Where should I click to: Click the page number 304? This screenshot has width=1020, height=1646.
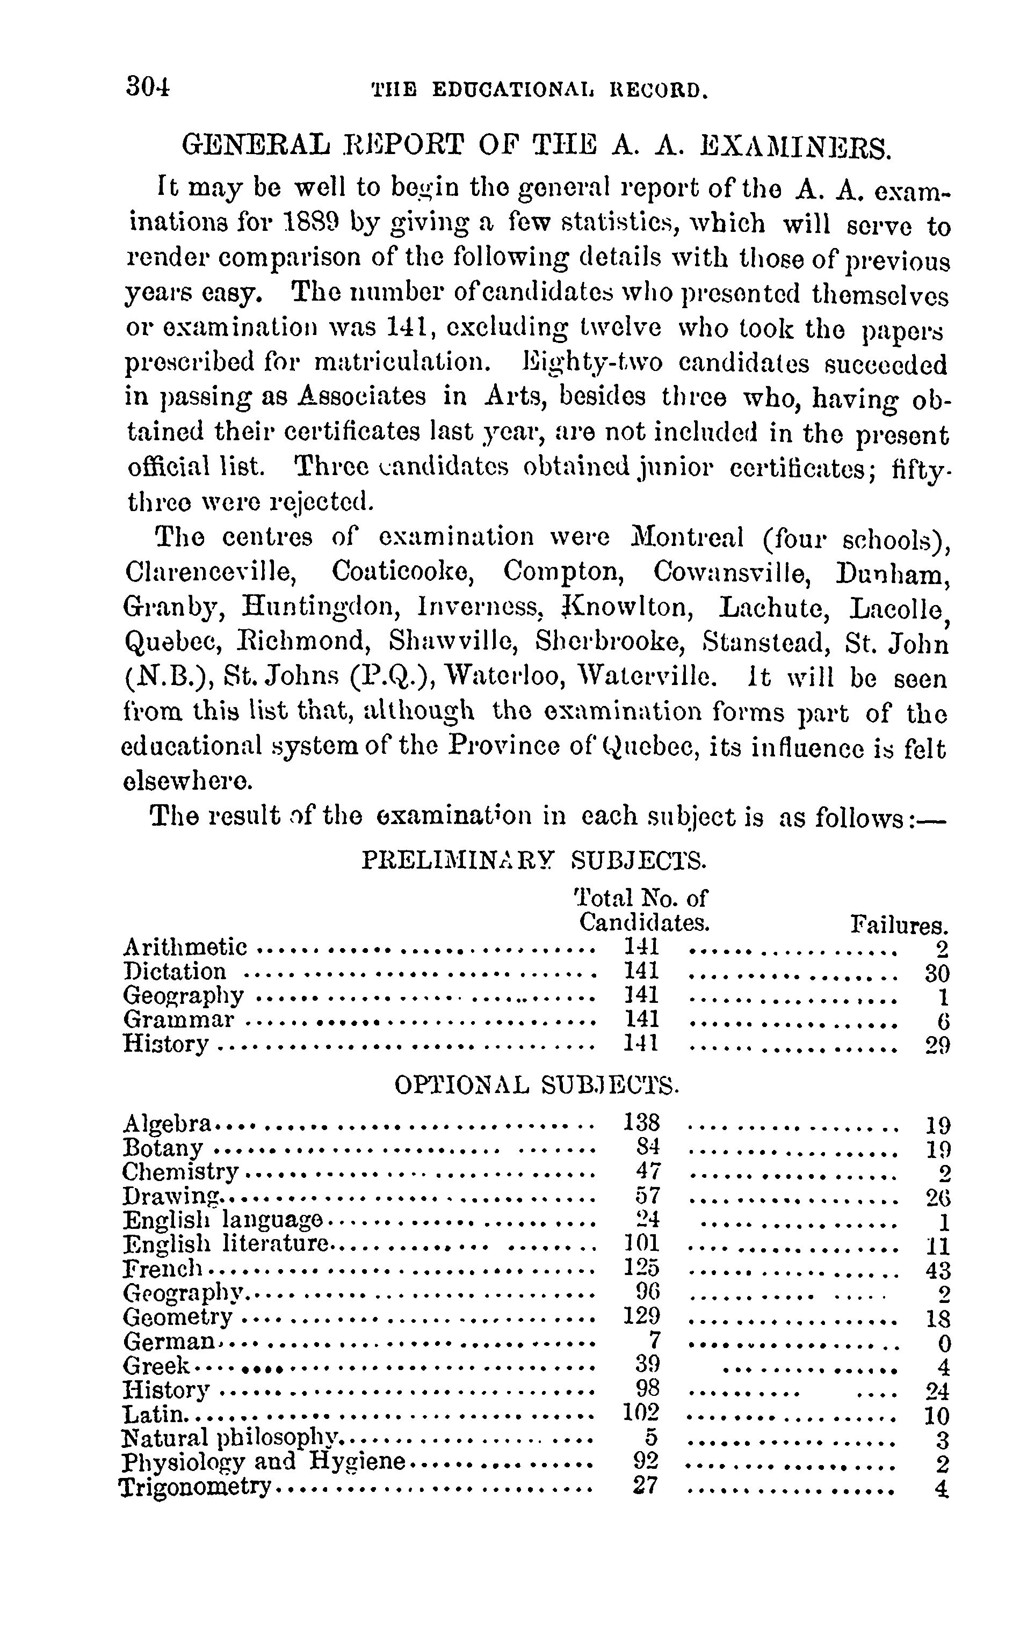pyautogui.click(x=148, y=88)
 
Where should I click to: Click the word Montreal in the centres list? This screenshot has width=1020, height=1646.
pyautogui.click(x=688, y=538)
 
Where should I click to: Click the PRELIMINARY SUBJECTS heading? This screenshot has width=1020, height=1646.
pyautogui.click(x=534, y=861)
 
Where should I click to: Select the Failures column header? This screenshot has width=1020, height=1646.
pyautogui.click(x=900, y=924)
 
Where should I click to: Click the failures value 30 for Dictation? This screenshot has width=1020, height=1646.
pyautogui.click(x=937, y=973)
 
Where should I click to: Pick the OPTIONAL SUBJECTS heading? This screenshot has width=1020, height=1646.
pyautogui.click(x=536, y=1085)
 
